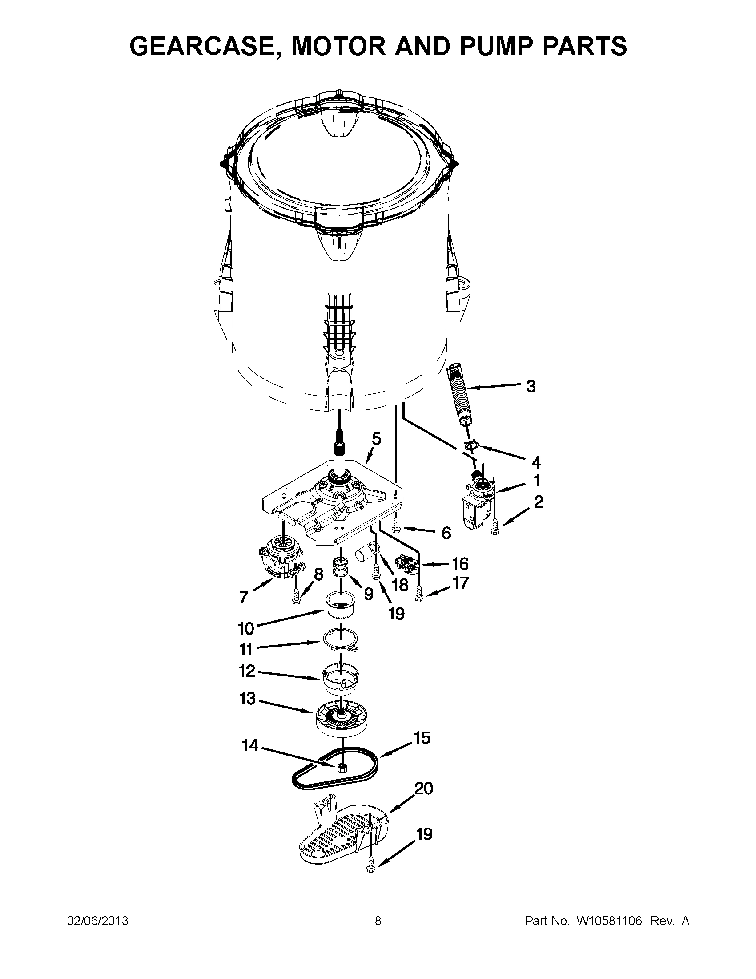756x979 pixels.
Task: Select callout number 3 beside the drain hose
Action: pos(531,386)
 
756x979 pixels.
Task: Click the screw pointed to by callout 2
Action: pos(495,528)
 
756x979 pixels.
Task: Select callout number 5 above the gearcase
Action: pos(376,438)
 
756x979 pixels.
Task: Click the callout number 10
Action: pos(246,628)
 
